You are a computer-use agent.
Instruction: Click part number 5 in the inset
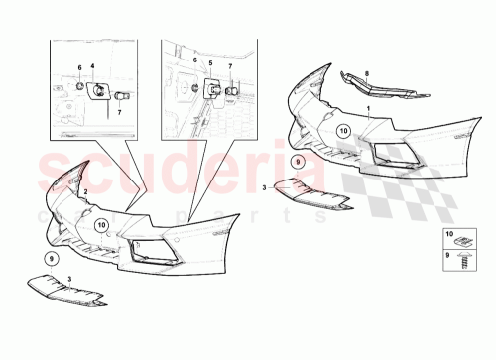209,62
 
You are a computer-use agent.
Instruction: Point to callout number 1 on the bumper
367,108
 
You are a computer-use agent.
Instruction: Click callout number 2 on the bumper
86,188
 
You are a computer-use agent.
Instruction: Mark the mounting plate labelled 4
100,90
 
